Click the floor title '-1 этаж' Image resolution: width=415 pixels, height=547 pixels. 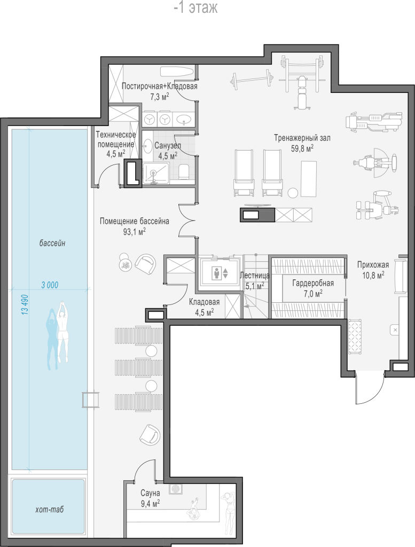[x=195, y=7]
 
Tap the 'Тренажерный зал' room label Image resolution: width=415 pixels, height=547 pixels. [x=302, y=138]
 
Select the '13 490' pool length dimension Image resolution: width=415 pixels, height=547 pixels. [x=25, y=305]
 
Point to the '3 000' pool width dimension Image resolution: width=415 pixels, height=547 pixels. [x=50, y=285]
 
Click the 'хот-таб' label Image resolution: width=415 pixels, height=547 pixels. [x=50, y=509]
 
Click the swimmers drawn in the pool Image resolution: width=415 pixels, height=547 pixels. [x=58, y=335]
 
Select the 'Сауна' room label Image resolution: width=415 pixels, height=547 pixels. [x=150, y=493]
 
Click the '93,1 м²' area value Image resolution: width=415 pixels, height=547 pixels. [x=134, y=232]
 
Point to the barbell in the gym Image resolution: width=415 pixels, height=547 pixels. [x=250, y=79]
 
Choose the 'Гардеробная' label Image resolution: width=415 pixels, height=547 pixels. [x=313, y=283]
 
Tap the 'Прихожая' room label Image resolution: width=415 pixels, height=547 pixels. [x=373, y=265]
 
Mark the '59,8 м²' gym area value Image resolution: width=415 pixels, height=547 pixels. [x=302, y=149]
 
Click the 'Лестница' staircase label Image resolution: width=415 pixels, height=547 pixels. [x=255, y=276]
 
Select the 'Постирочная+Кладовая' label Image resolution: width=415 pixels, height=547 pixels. [x=159, y=86]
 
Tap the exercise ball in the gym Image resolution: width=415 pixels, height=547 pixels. [x=293, y=192]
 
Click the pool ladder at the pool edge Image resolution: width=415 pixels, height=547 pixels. [x=91, y=400]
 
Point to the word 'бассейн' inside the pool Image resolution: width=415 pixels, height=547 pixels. [x=52, y=243]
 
